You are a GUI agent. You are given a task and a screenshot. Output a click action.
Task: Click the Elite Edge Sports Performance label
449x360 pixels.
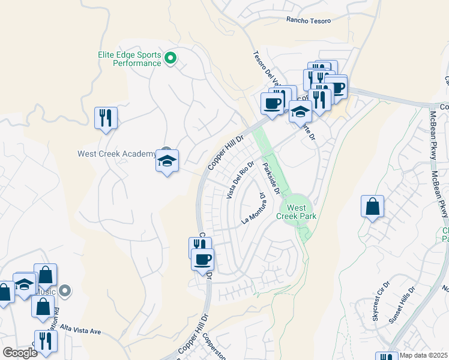click(129, 59)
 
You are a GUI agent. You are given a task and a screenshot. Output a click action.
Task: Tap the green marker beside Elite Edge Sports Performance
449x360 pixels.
click(170, 58)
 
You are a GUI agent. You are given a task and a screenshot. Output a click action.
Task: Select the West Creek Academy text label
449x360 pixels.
click(116, 154)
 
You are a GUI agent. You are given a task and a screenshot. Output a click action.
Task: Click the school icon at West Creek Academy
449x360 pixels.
click(167, 161)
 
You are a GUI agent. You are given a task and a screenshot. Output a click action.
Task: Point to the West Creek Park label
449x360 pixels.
click(295, 211)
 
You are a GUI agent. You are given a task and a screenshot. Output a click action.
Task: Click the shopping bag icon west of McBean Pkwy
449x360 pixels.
click(372, 206)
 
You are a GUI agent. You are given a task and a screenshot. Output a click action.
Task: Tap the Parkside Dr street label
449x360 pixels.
click(271, 178)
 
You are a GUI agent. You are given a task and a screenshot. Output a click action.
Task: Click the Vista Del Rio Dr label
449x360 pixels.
click(240, 179)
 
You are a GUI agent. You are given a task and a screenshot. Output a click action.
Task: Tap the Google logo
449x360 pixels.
click(20, 353)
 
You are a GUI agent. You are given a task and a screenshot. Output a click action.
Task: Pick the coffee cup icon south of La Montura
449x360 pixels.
click(202, 260)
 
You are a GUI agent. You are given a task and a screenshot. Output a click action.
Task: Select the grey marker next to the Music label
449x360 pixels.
click(65, 291)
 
